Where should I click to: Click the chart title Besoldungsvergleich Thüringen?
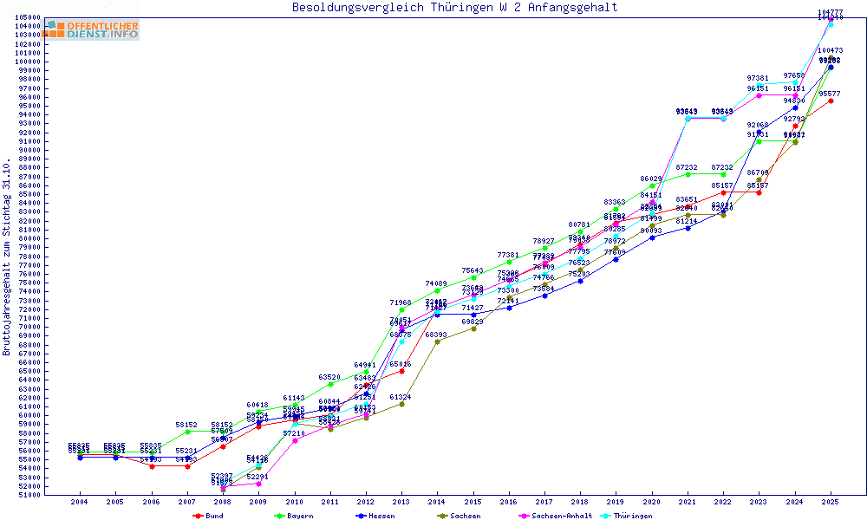(x=454, y=8)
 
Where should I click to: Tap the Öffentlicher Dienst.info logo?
(x=93, y=30)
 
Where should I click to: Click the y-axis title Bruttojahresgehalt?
(x=7, y=257)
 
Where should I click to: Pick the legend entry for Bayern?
(x=293, y=515)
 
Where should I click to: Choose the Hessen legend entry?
(x=376, y=515)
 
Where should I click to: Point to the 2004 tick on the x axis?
(x=80, y=502)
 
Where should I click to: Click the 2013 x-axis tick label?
(x=401, y=502)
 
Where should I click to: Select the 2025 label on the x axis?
(x=831, y=502)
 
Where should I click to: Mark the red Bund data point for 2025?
(x=831, y=101)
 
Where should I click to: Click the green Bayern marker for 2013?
(x=401, y=309)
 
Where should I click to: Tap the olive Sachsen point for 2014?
(x=437, y=341)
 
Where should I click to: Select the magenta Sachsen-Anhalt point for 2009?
(x=258, y=484)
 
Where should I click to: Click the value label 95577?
(x=831, y=94)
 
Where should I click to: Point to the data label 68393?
(x=437, y=335)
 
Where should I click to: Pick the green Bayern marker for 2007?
(x=187, y=432)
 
